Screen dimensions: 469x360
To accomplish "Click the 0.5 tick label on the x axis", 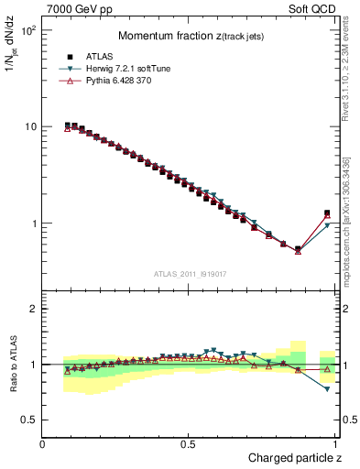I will pos(188,443).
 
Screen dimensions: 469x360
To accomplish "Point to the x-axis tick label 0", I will pos(43,443).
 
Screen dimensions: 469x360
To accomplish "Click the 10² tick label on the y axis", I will pos(29,30).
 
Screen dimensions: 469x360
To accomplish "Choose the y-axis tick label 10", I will pos(29,126).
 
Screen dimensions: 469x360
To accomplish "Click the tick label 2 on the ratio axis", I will pos(33,310).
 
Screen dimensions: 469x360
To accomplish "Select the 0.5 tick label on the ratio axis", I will pos(29,420).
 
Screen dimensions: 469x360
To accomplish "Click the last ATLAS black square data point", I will pos(327,213).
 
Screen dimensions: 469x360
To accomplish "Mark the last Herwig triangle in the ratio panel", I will pos(327,389).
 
